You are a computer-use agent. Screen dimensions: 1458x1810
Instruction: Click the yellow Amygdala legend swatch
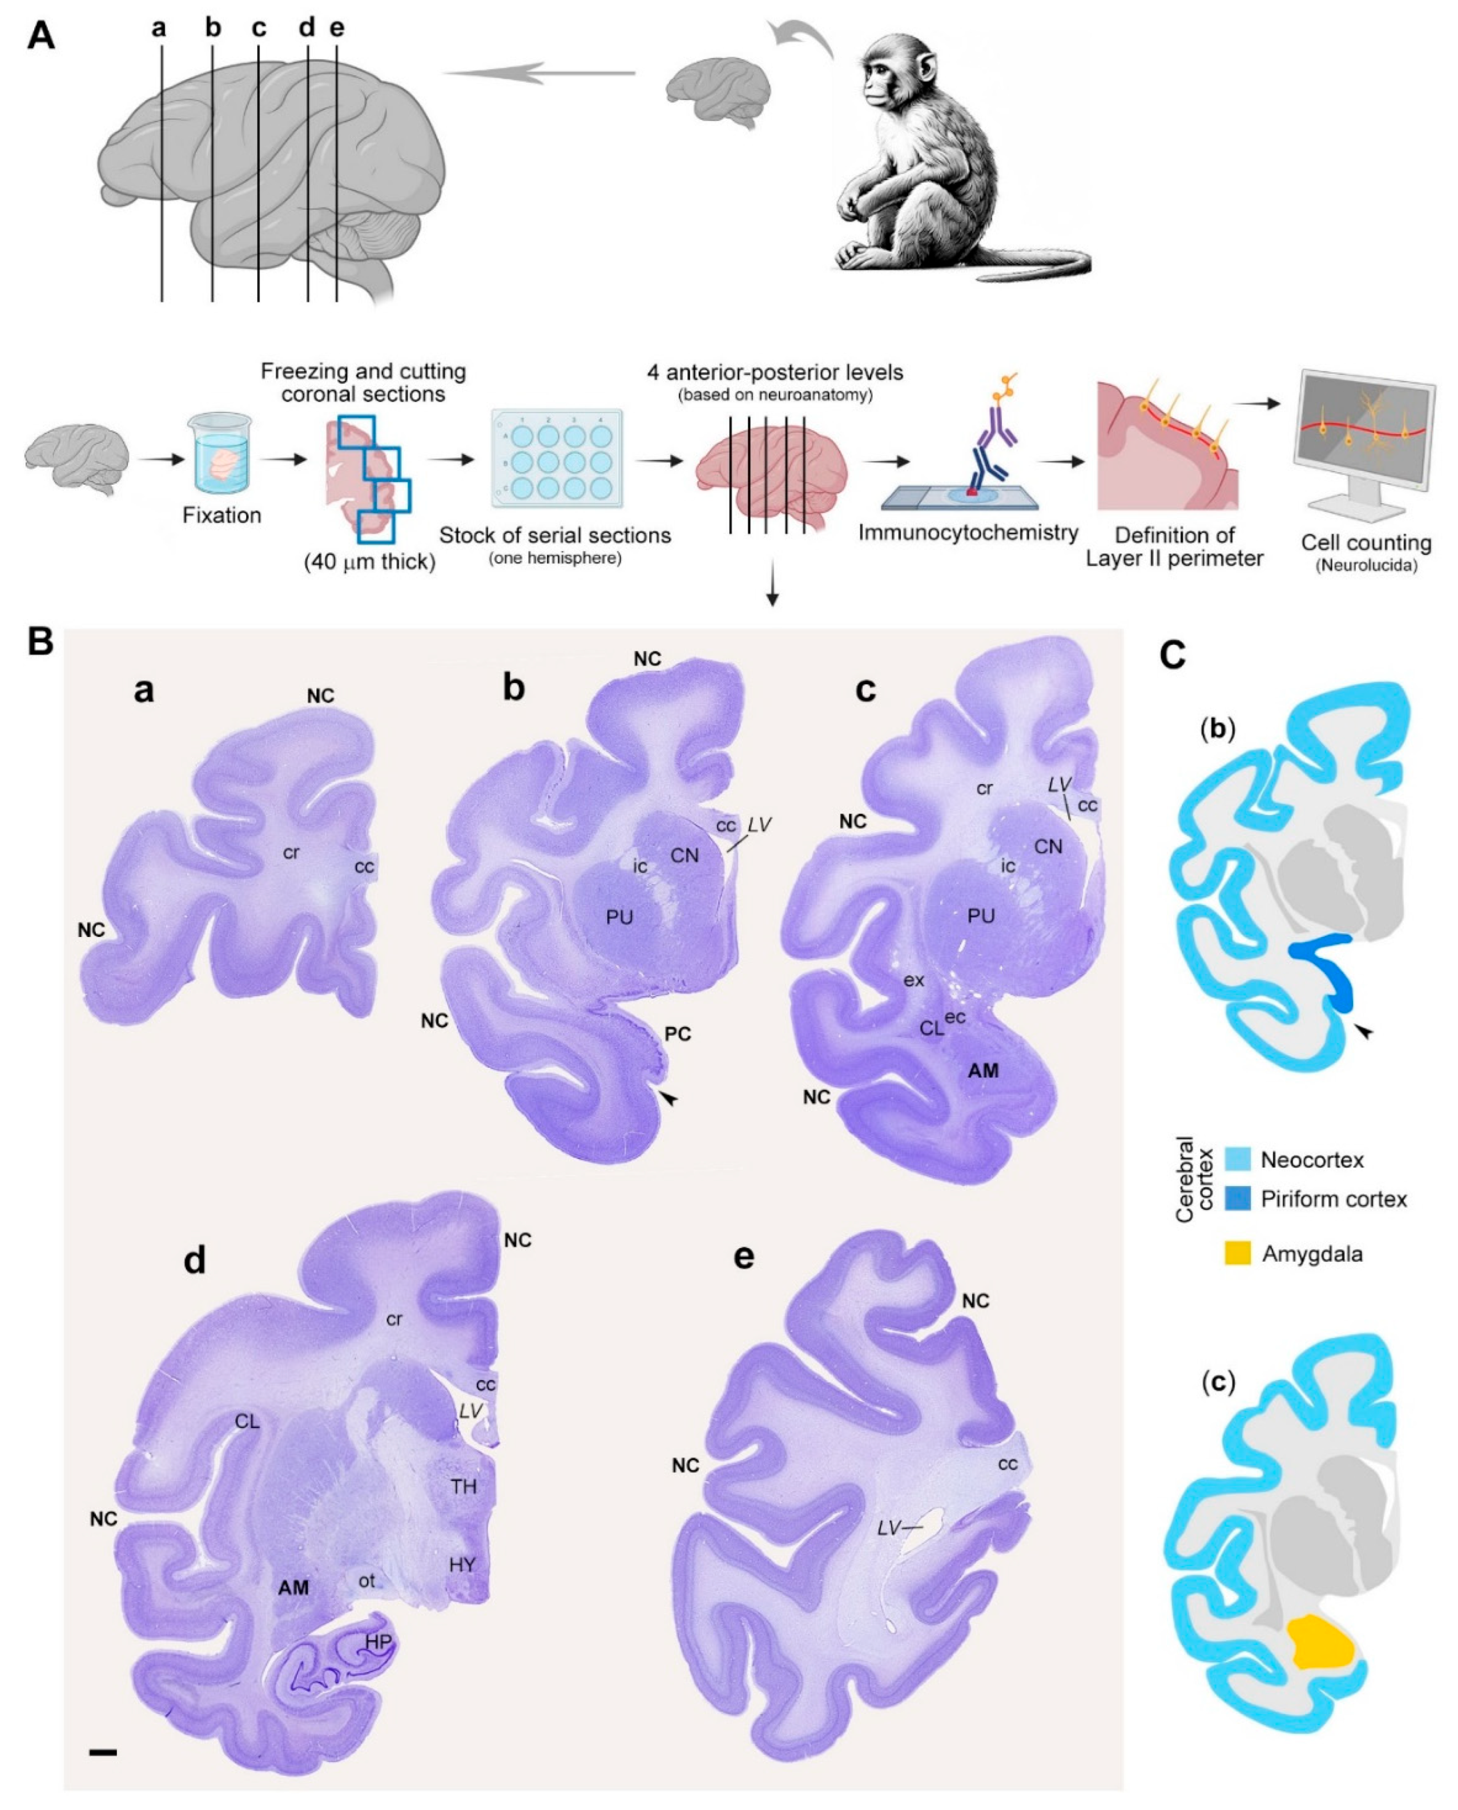tap(1238, 1255)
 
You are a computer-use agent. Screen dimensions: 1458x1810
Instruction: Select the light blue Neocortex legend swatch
tap(1238, 1159)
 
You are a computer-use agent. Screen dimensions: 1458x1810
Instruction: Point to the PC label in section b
tap(678, 1034)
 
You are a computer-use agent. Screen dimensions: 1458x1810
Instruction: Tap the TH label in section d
tap(464, 1487)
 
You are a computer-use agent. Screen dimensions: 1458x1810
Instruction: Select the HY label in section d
tap(463, 1564)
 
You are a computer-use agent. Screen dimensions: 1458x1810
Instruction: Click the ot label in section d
tap(367, 1580)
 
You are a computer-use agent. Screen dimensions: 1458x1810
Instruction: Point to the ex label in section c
tap(914, 980)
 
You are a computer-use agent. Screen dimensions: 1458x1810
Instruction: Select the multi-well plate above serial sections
tap(558, 458)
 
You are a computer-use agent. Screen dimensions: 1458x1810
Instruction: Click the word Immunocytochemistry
tap(968, 533)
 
